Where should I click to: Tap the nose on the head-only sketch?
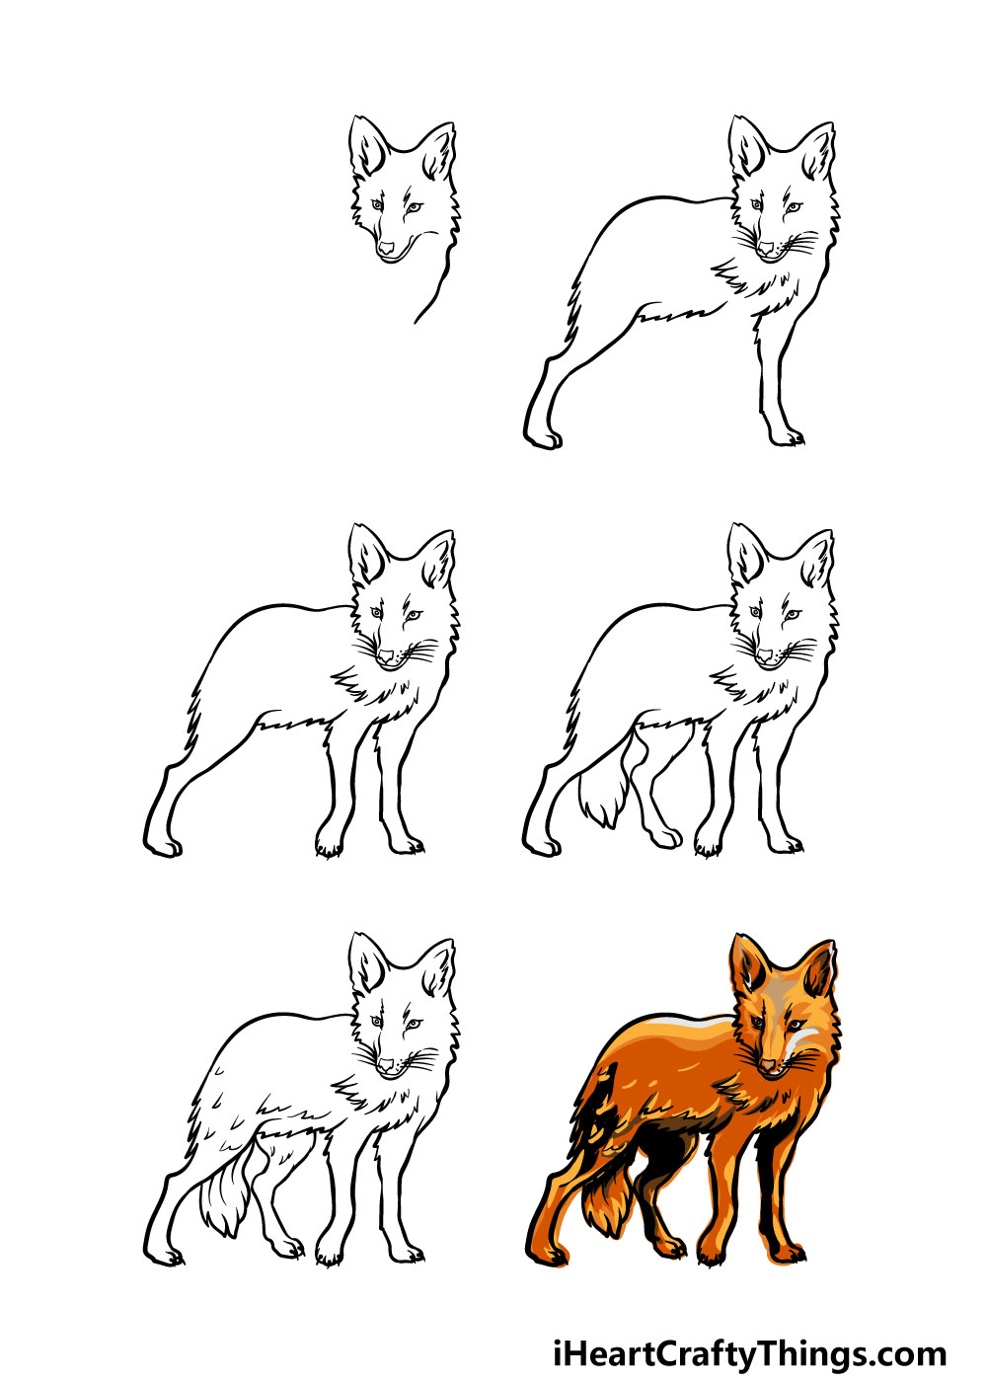coord(387,248)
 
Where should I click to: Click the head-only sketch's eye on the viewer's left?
coord(377,204)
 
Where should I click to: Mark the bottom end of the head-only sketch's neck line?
coord(416,322)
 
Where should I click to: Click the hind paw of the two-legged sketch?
coord(544,438)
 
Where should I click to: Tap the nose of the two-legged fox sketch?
coord(766,248)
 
